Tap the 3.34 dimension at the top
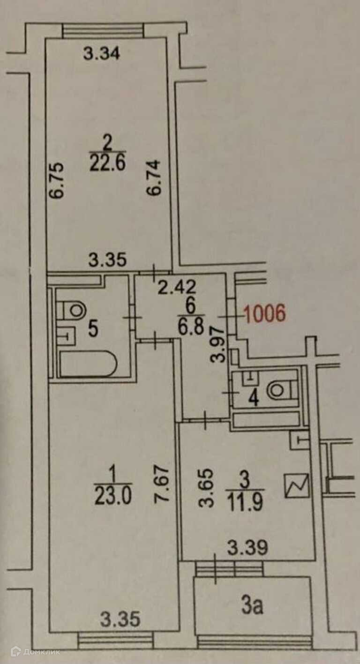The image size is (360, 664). (x=102, y=54)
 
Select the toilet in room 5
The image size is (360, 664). (x=73, y=309)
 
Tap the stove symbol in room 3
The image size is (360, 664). (x=297, y=485)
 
